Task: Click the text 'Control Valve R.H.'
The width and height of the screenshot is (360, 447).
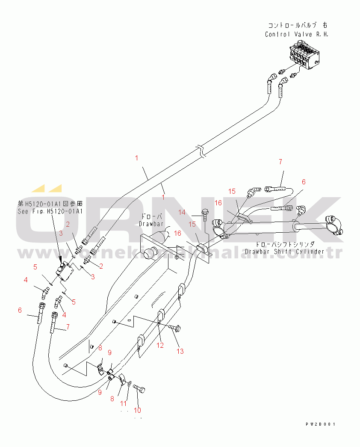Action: (296, 34)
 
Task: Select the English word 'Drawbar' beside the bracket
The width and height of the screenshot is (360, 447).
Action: (149, 224)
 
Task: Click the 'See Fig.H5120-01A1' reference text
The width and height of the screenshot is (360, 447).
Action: (50, 211)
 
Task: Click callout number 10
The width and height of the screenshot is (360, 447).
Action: (137, 410)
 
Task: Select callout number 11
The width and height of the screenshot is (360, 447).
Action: (124, 403)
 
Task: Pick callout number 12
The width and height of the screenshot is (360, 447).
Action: (159, 345)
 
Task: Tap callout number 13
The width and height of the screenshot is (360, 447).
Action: (180, 351)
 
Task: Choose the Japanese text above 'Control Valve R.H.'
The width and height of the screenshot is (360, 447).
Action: (298, 26)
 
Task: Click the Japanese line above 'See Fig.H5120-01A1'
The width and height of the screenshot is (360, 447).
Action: (50, 203)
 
